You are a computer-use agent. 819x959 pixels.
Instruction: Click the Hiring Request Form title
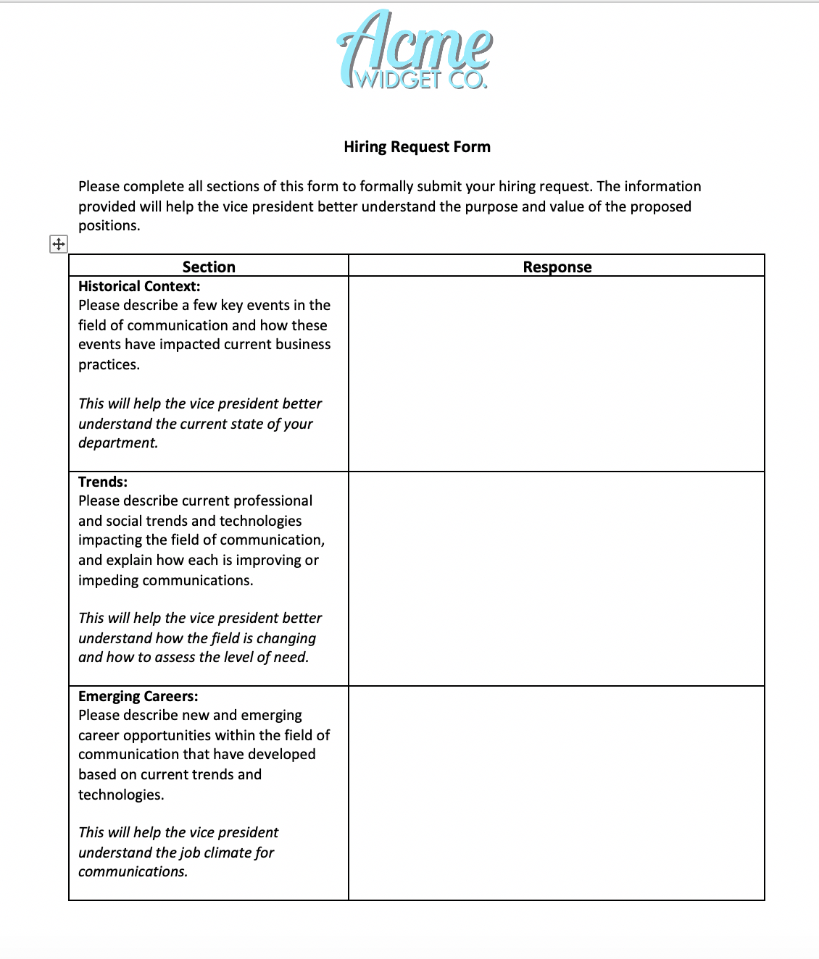point(417,147)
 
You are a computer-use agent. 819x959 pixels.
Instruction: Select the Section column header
point(209,267)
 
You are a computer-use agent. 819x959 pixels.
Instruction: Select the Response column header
point(557,267)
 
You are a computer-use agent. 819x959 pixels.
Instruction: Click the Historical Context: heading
point(139,286)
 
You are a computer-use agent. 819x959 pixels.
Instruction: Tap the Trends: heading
point(103,482)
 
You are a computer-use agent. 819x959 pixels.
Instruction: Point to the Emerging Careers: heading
point(138,696)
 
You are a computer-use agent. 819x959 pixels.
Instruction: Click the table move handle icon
point(58,244)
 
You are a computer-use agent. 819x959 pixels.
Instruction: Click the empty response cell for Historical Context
point(557,373)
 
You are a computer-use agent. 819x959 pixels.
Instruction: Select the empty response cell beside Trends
point(557,578)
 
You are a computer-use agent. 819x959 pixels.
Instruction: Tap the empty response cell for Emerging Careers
point(557,792)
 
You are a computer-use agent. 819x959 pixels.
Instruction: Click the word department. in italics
point(118,443)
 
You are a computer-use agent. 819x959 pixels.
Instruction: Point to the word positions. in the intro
point(109,225)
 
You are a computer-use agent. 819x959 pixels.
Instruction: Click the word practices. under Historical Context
point(109,364)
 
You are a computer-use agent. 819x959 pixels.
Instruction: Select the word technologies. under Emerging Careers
point(121,795)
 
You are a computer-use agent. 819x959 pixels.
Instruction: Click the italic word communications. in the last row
point(133,871)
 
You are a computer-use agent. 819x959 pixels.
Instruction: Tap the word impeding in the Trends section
point(108,580)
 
